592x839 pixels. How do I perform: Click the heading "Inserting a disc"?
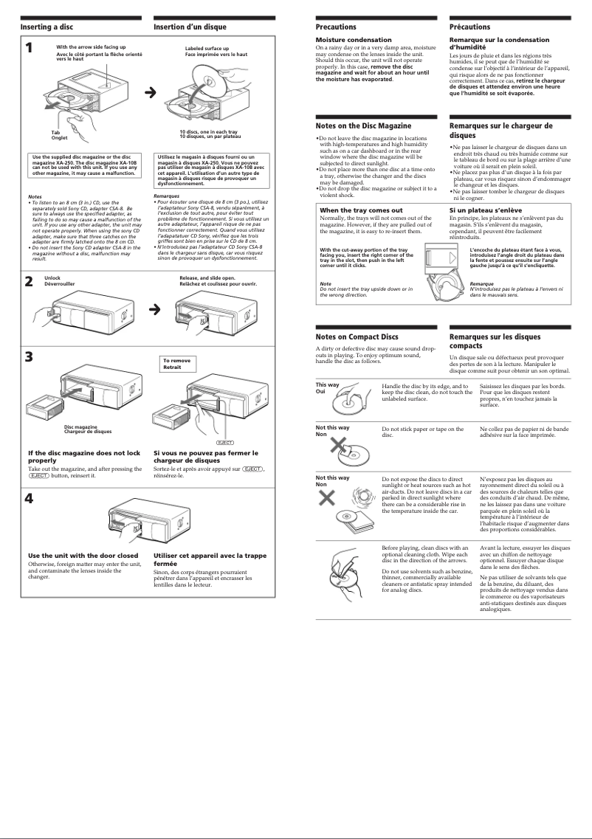46,27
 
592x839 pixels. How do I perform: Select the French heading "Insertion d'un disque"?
190,27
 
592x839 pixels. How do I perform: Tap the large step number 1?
28,49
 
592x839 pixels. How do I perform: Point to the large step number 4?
28,497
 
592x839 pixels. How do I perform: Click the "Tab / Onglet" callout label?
59,136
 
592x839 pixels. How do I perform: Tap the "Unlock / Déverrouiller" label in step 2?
60,281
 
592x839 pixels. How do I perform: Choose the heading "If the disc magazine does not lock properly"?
83,456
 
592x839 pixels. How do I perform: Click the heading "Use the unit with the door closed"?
83,555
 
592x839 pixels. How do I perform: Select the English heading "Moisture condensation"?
354,40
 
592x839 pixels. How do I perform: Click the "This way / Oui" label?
328,387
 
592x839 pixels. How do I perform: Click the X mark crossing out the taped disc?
338,445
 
